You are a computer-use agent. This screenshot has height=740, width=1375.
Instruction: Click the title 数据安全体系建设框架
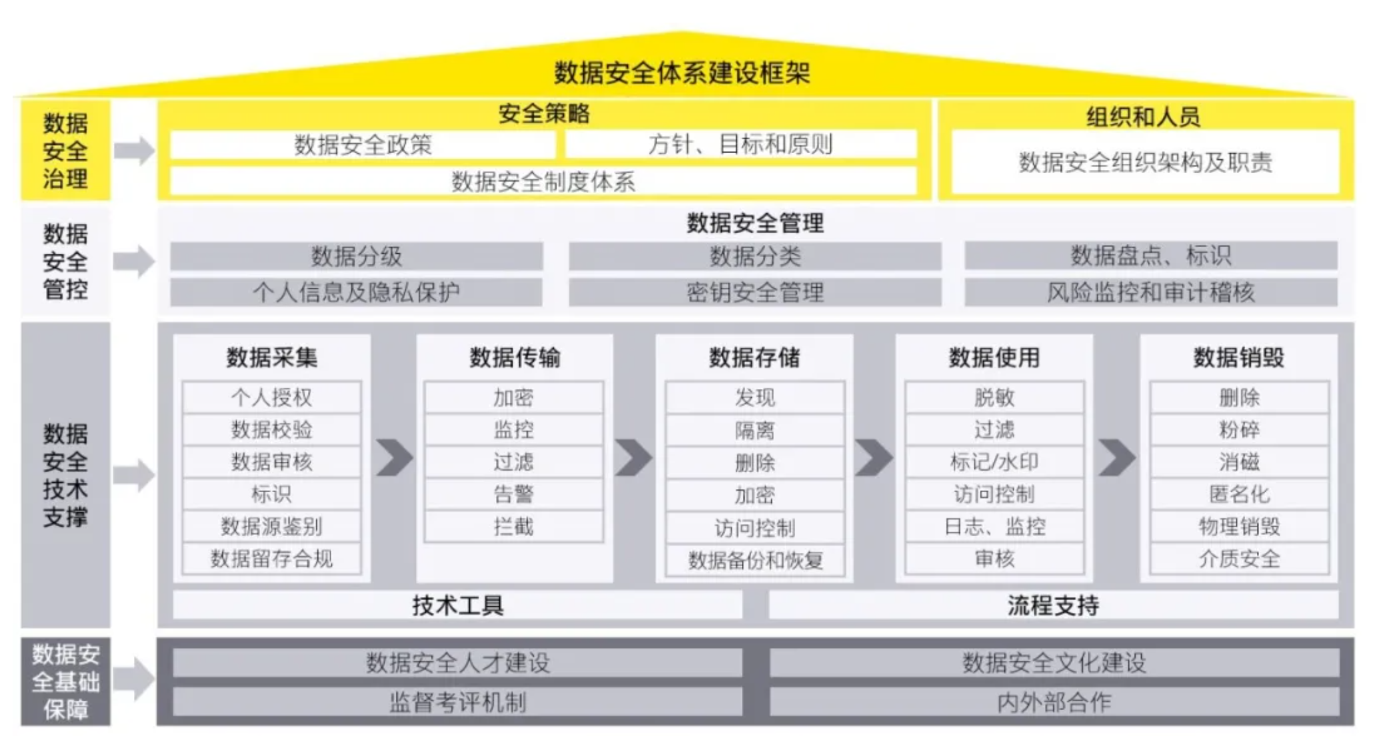click(682, 72)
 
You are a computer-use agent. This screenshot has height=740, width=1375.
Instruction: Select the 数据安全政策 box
click(363, 145)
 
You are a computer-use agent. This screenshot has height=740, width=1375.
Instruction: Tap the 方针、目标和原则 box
click(740, 145)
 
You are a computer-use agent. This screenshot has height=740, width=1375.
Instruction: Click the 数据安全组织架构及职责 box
click(1145, 163)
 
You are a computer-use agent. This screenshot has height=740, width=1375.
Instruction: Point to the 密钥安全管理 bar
click(754, 292)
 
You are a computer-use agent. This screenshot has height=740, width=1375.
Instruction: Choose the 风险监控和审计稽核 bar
click(1150, 292)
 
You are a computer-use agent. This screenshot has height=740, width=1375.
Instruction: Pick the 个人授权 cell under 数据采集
click(271, 398)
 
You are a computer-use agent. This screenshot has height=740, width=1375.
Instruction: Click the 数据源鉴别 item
click(271, 526)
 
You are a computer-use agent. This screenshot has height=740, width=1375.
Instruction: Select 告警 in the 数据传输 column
click(513, 494)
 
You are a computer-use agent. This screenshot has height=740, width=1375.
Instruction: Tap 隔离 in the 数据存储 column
click(754, 430)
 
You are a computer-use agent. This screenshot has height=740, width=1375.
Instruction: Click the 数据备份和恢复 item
click(754, 560)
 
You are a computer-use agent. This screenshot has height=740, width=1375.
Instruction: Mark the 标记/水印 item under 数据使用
click(994, 462)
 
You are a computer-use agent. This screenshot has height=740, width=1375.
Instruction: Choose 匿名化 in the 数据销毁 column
click(1239, 494)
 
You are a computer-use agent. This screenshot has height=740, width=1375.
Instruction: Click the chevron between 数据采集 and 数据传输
click(394, 458)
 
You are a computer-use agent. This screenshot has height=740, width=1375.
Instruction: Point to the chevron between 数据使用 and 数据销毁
click(1116, 458)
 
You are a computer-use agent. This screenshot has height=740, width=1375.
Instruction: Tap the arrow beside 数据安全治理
click(134, 151)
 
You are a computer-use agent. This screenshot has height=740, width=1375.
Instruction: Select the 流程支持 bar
click(1053, 605)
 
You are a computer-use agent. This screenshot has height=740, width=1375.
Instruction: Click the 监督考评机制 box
click(457, 702)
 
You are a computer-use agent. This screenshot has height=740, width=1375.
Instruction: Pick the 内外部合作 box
click(1054, 702)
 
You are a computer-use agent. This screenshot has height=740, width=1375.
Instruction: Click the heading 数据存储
click(754, 358)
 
